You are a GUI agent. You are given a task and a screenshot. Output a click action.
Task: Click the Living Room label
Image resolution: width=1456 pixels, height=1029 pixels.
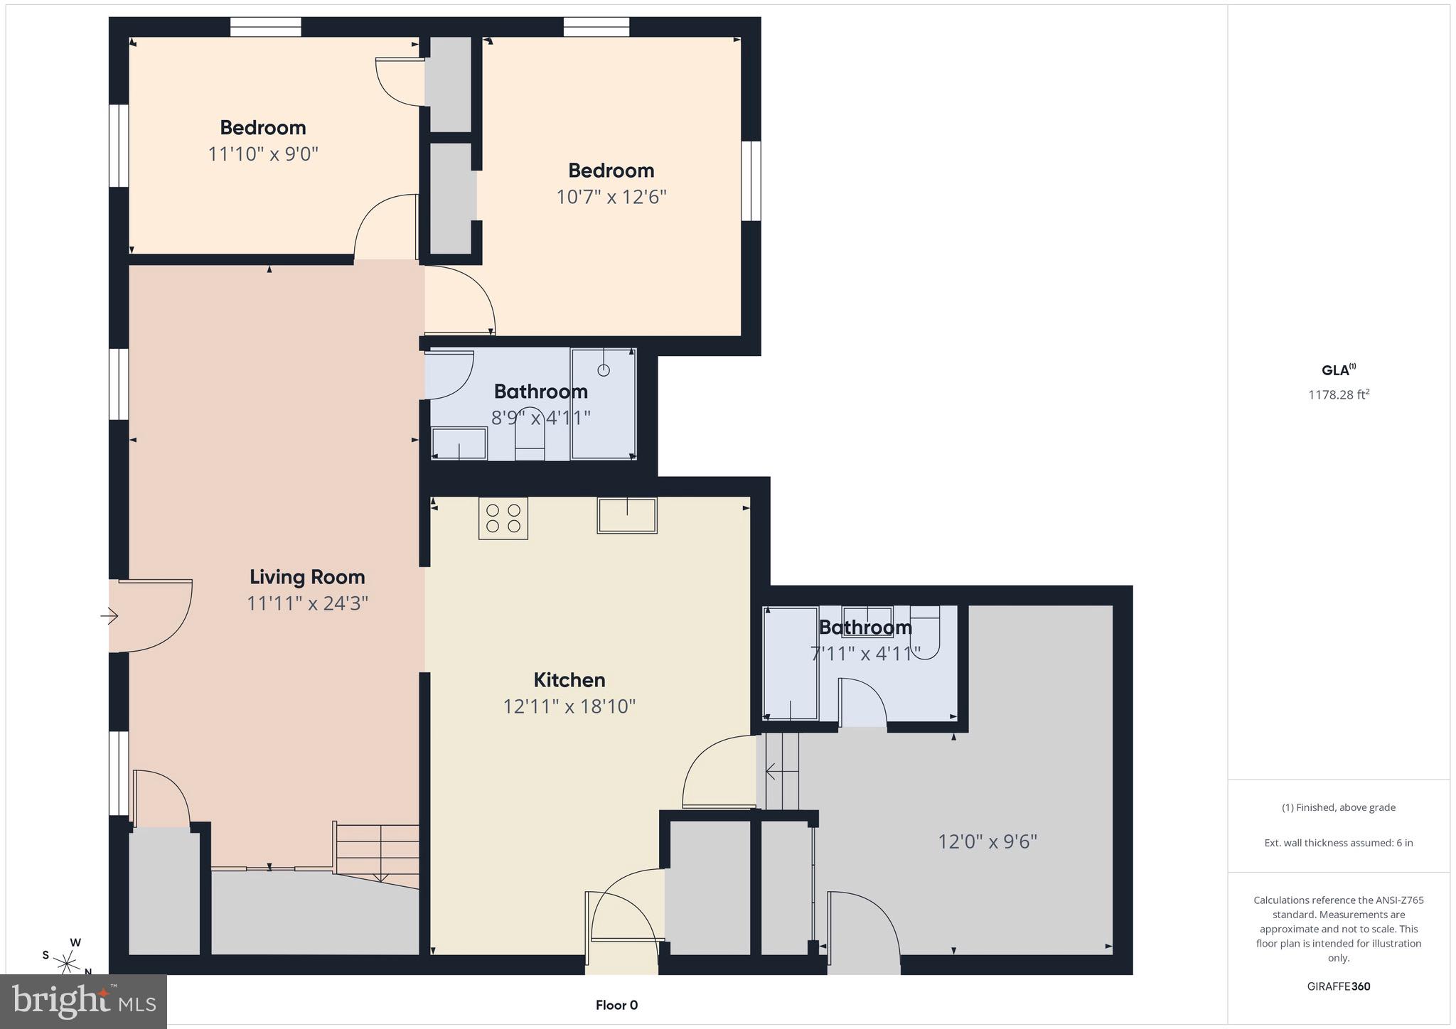click(x=307, y=577)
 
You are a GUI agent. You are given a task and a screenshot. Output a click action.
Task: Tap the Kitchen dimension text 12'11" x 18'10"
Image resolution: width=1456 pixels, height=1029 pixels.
click(x=569, y=706)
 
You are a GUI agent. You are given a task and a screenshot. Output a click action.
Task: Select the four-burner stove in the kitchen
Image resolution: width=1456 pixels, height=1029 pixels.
click(x=503, y=518)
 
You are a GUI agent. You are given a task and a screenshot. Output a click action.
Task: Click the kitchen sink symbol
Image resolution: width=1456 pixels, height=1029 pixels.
click(x=626, y=515)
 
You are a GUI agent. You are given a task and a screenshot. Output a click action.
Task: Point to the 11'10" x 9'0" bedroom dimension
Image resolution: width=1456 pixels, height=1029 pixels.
click(x=263, y=154)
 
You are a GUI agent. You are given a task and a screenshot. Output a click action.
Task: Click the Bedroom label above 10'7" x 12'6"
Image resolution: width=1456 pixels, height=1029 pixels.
click(x=611, y=171)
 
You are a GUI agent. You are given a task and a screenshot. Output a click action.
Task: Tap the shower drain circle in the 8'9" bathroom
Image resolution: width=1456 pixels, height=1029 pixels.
click(x=604, y=370)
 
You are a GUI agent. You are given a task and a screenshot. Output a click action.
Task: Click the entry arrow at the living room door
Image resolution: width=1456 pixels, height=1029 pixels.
click(x=109, y=615)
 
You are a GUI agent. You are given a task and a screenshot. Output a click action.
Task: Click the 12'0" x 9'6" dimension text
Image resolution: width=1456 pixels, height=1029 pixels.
click(x=987, y=841)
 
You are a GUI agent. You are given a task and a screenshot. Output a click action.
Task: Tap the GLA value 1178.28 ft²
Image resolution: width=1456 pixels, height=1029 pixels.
click(x=1338, y=394)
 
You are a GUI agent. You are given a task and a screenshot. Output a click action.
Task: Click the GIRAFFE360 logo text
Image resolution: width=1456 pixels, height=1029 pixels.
click(x=1338, y=986)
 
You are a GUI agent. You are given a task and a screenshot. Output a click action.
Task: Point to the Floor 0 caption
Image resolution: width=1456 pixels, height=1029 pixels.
click(x=616, y=1005)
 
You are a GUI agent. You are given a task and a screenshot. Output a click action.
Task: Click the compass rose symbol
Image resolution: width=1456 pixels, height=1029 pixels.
click(x=68, y=964)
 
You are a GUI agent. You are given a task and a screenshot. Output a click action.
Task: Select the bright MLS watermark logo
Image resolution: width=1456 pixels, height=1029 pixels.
click(x=84, y=1001)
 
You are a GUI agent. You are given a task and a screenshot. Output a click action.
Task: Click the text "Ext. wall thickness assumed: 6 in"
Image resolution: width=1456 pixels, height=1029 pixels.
click(x=1338, y=843)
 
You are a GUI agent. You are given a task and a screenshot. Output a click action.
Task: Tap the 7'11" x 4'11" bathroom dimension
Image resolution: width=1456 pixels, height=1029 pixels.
click(x=865, y=653)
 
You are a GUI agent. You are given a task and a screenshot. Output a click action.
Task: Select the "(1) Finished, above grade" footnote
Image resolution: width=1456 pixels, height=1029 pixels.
click(x=1338, y=807)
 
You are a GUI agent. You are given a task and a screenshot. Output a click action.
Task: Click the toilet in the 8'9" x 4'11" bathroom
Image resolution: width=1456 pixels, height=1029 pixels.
click(x=530, y=433)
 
